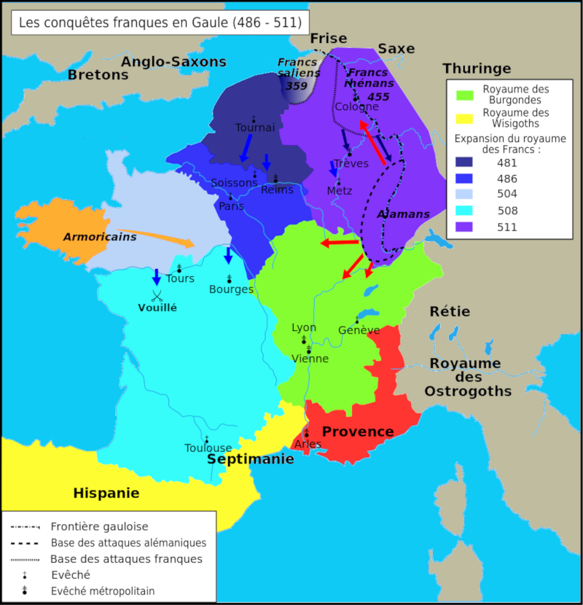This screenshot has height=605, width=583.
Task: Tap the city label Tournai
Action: (x=255, y=128)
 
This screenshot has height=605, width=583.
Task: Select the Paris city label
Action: (x=232, y=206)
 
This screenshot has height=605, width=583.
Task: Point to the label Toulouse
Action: (x=208, y=448)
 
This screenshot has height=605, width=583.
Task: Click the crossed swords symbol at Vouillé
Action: (x=157, y=295)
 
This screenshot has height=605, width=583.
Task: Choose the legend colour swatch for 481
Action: (x=464, y=162)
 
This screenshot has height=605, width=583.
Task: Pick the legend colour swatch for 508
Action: (x=464, y=211)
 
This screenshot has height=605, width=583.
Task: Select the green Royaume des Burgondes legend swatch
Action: (x=464, y=94)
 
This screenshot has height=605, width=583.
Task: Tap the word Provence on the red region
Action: (x=358, y=432)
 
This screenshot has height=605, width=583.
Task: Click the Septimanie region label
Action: (x=251, y=458)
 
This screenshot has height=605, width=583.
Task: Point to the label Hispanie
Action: (x=106, y=493)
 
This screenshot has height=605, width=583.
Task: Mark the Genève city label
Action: (x=359, y=330)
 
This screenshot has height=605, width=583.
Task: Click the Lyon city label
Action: (x=304, y=327)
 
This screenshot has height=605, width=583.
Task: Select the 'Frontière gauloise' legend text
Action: (x=99, y=526)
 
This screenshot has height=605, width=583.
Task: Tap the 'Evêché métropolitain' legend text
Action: (x=103, y=591)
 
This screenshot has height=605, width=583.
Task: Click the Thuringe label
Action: (x=477, y=69)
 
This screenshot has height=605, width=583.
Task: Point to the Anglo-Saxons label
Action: (x=173, y=62)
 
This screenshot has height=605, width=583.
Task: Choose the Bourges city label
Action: (x=231, y=289)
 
